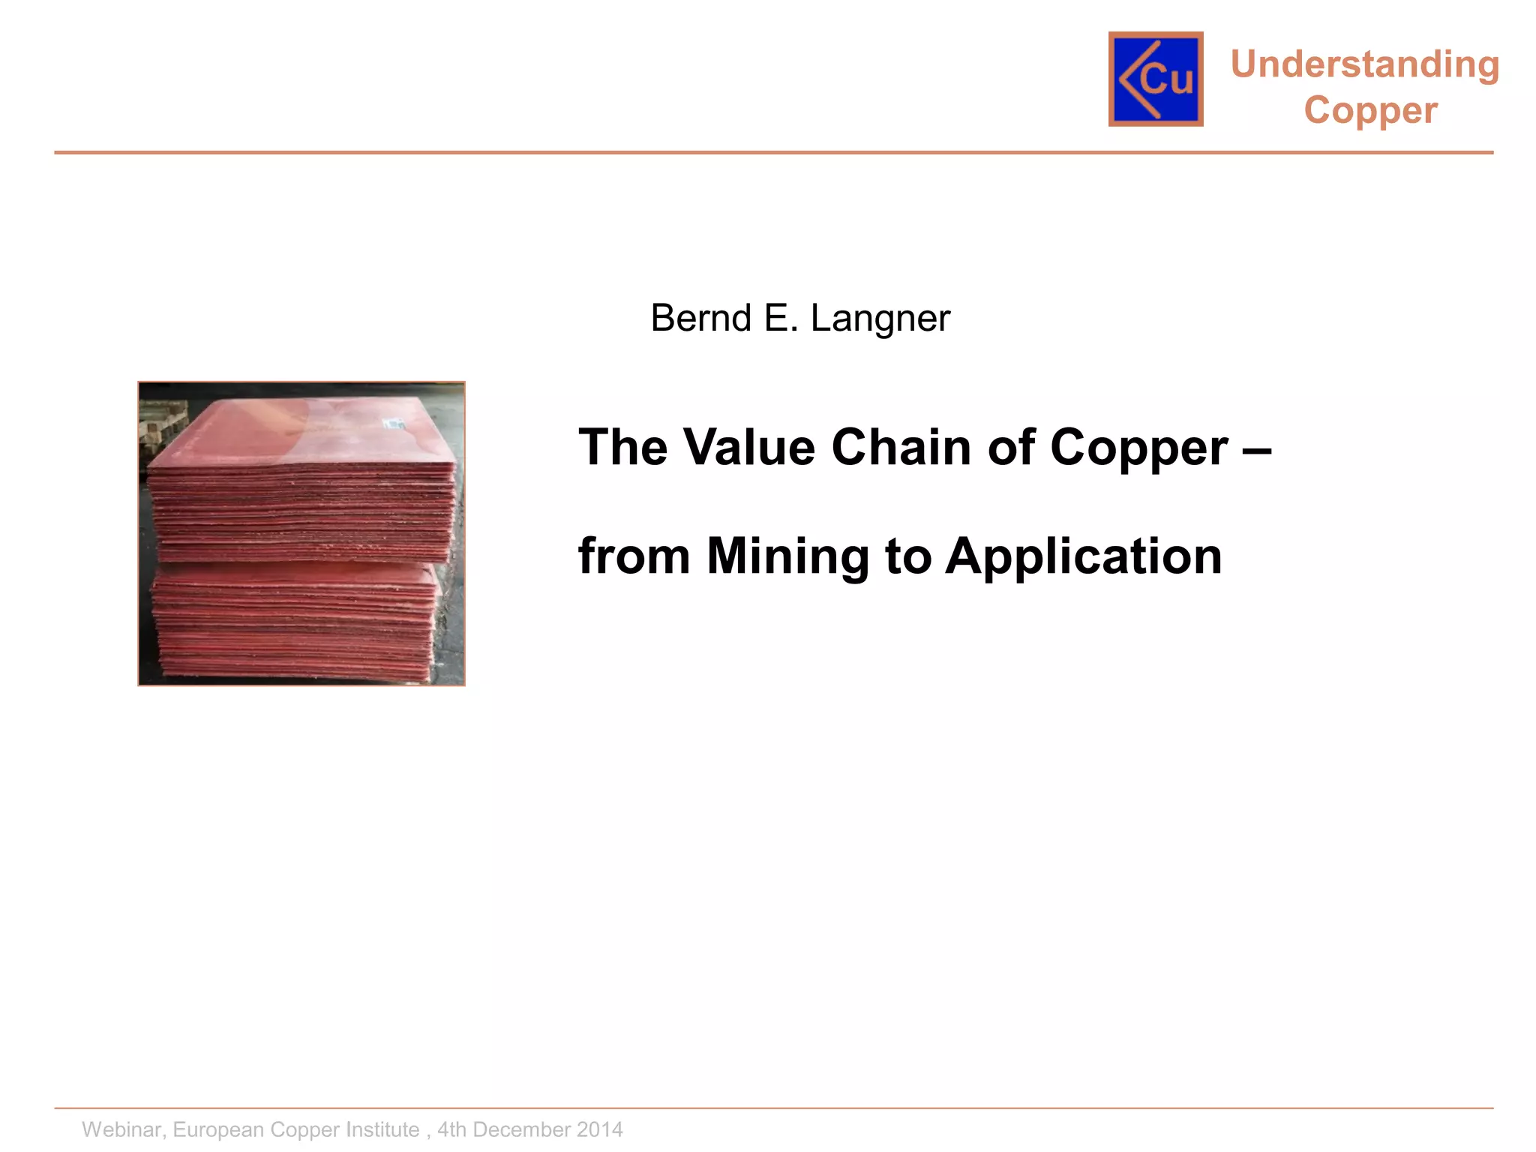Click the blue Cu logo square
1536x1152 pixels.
click(x=1156, y=79)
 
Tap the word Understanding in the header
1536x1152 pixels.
click(x=1365, y=64)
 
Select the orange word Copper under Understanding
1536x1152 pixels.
click(x=1370, y=110)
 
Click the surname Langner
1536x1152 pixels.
click(x=880, y=319)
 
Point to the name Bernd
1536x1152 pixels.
click(x=700, y=318)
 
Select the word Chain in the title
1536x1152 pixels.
click(x=901, y=447)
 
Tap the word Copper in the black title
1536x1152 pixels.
click(x=1138, y=448)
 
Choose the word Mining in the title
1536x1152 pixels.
click(x=787, y=556)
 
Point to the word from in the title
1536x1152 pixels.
click(x=634, y=556)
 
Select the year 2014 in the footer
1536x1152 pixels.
click(x=599, y=1129)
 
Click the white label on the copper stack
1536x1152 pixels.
click(x=394, y=425)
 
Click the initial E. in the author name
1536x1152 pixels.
click(x=781, y=318)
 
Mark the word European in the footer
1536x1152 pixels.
click(x=219, y=1129)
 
